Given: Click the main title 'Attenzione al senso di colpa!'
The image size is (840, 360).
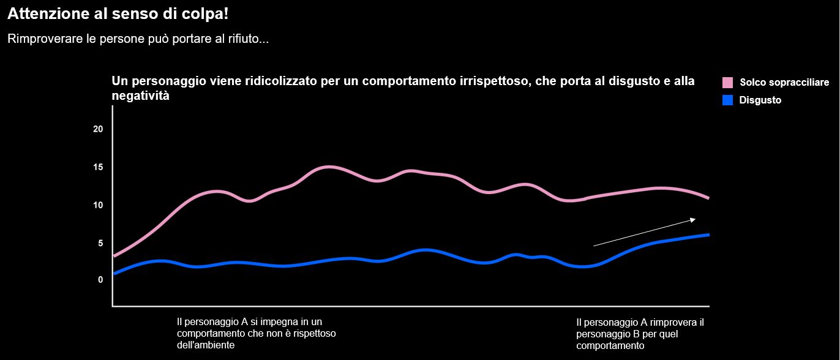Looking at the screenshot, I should (119, 13).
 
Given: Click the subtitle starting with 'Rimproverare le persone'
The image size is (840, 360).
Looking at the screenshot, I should (138, 39).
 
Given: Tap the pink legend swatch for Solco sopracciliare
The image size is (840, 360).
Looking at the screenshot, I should (727, 83).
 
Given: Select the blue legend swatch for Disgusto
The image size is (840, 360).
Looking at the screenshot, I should (727, 100).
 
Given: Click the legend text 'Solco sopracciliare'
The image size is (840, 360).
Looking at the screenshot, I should (784, 83).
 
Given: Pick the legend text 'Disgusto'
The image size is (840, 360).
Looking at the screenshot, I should (760, 100).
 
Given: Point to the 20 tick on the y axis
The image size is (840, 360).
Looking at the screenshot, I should (98, 129).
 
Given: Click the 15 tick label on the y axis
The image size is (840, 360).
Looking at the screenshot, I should (98, 167).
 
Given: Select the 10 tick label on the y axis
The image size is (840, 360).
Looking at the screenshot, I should (98, 204).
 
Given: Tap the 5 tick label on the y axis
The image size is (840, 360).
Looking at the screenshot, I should (100, 242).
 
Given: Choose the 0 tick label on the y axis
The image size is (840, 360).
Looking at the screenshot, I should (100, 280).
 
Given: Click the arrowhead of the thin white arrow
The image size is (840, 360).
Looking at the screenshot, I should (692, 219).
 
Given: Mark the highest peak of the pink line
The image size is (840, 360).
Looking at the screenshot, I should (329, 167).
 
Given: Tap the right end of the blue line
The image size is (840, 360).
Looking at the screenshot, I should (708, 234).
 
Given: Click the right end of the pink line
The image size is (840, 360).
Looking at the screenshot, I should (708, 198).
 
